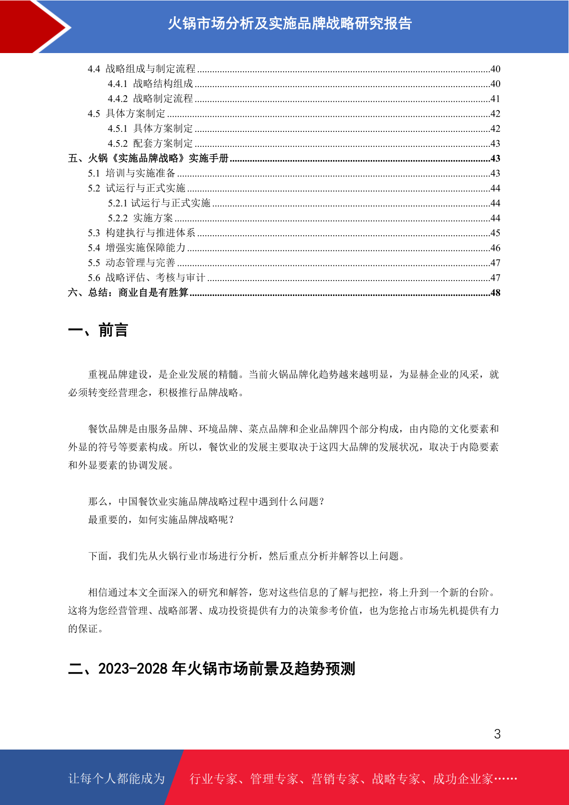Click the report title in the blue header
[290, 23]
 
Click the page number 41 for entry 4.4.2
[495, 99]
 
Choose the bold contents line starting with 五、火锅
[148, 158]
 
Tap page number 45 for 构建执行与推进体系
[495, 233]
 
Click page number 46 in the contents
[495, 248]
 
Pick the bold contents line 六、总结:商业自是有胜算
[128, 293]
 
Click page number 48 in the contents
[495, 293]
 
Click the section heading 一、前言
[98, 330]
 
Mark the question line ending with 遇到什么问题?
[206, 501]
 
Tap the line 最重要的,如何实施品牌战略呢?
[161, 520]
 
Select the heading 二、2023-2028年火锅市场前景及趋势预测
[212, 669]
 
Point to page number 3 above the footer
[497, 734]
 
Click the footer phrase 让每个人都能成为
[117, 779]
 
